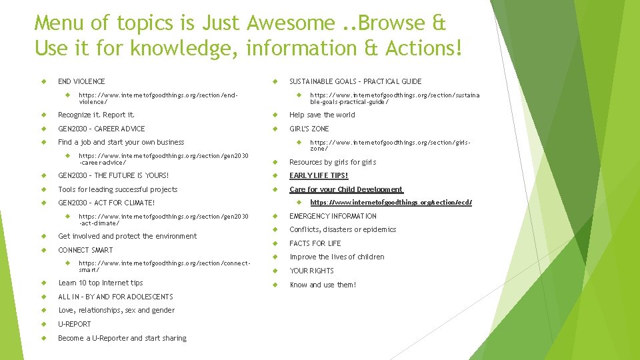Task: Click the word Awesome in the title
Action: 291,23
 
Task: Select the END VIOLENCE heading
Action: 81,81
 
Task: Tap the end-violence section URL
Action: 158,98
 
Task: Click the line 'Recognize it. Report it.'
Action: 96,115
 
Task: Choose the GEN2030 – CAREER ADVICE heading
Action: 101,129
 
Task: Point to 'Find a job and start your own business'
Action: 121,142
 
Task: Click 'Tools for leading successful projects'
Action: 117,189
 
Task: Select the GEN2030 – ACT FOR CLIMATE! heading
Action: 106,203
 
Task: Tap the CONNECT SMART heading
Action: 85,250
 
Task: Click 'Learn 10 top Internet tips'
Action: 100,283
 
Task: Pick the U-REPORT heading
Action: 75,324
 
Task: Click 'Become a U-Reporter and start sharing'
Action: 122,338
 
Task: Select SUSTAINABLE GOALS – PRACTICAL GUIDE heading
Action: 355,81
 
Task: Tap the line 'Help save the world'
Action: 322,115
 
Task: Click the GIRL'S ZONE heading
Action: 309,129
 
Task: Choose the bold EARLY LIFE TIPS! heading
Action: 319,176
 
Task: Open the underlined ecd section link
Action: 391,202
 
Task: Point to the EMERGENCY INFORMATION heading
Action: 333,216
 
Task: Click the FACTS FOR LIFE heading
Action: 315,243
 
